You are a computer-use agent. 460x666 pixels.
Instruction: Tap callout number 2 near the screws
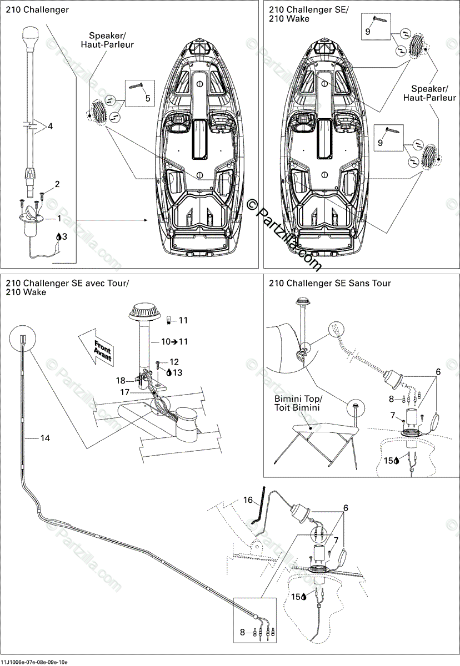pyautogui.click(x=57, y=184)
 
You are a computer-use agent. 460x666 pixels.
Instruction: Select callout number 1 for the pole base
pyautogui.click(x=59, y=219)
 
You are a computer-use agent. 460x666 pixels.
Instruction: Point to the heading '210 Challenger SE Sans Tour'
pyautogui.click(x=329, y=283)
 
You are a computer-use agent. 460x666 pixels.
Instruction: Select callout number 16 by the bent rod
pyautogui.click(x=247, y=500)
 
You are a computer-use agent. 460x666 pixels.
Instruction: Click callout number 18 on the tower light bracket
pyautogui.click(x=121, y=381)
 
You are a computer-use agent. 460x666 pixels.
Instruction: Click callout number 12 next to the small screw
pyautogui.click(x=174, y=362)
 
